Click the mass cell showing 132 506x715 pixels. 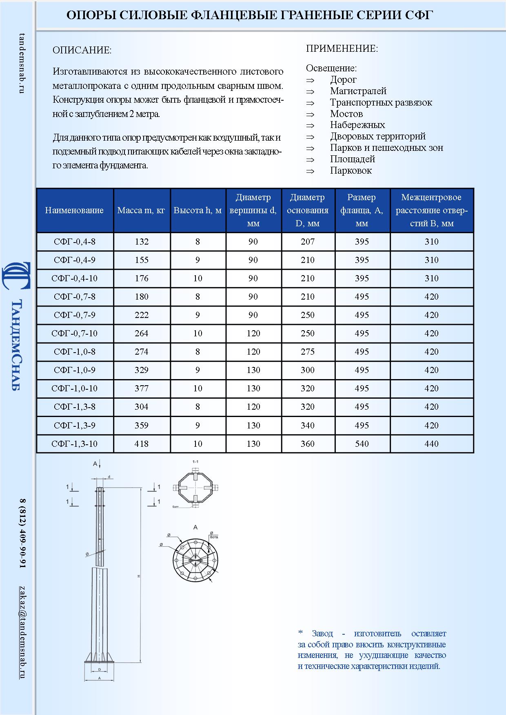click(142, 242)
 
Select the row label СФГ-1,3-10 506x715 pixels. click(75, 444)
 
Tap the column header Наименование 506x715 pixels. click(74, 210)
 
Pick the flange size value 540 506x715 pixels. click(362, 444)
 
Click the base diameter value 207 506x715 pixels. click(308, 242)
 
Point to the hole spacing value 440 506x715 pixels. click(431, 444)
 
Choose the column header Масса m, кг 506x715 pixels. click(141, 210)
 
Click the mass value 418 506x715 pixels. click(142, 444)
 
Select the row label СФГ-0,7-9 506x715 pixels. click(75, 315)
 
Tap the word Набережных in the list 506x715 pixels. click(357, 125)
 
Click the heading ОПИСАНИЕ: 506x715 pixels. click(82, 51)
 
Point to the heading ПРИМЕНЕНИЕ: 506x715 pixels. click(342, 49)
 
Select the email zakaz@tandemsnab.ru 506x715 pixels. click(22, 632)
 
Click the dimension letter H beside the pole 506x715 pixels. click(139, 576)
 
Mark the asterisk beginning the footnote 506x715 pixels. click(300, 633)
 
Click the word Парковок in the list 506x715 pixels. click(351, 171)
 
